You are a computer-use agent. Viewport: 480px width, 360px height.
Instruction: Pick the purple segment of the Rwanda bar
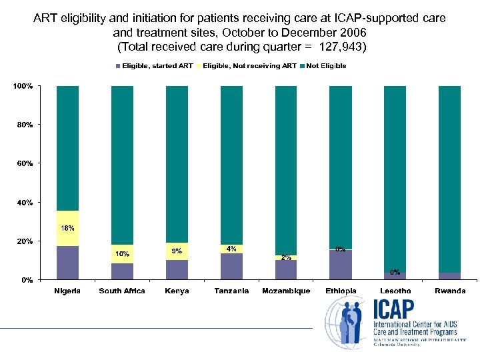pyautogui.click(x=449, y=275)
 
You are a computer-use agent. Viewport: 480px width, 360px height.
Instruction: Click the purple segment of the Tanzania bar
pyautogui.click(x=231, y=266)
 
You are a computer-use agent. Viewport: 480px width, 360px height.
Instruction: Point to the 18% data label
pyautogui.click(x=68, y=228)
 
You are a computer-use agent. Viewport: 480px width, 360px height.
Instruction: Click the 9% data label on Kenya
pyautogui.click(x=177, y=251)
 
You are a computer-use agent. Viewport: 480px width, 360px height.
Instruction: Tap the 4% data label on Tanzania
pyautogui.click(x=231, y=249)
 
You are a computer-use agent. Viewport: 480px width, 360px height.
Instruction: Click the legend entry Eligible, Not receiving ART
pyautogui.click(x=249, y=66)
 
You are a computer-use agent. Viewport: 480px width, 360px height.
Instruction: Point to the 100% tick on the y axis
pyautogui.click(x=25, y=87)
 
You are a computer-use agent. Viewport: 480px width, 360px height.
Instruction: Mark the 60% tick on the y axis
pyautogui.click(x=26, y=163)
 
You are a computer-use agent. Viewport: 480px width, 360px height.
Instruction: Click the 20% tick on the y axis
pyautogui.click(x=26, y=241)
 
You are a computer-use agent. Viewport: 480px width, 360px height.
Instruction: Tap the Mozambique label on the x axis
pyautogui.click(x=286, y=291)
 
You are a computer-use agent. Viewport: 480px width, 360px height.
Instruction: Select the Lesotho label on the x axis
pyautogui.click(x=395, y=291)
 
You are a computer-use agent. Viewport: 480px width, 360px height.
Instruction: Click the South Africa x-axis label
pyautogui.click(x=122, y=291)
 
